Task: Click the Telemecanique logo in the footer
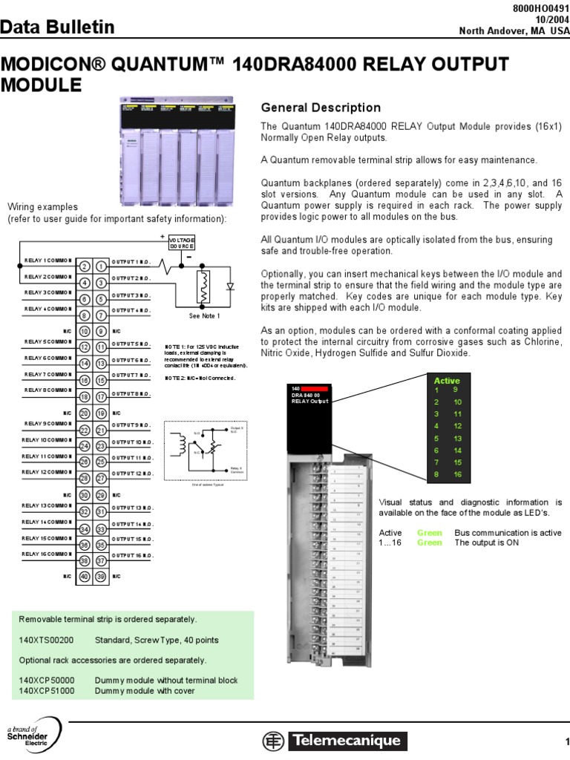pyautogui.click(x=333, y=740)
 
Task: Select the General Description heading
pyautogui.click(x=321, y=108)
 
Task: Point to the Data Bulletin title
pyautogui.click(x=58, y=28)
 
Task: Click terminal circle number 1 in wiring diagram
pyautogui.click(x=101, y=266)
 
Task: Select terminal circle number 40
pyautogui.click(x=85, y=576)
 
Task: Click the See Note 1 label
pyautogui.click(x=205, y=316)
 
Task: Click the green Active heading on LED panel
pyautogui.click(x=447, y=381)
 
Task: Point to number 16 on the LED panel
pyautogui.click(x=458, y=474)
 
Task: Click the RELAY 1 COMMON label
pyautogui.click(x=47, y=261)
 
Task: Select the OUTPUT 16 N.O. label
pyautogui.click(x=132, y=554)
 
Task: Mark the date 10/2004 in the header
pyautogui.click(x=548, y=19)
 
